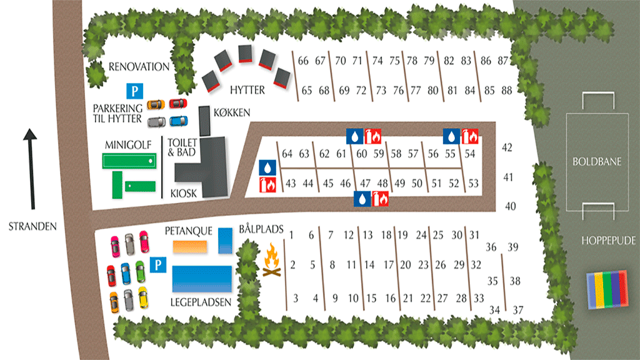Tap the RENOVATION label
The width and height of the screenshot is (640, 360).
[x=139, y=67]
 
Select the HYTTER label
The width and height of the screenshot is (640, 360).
[x=247, y=90]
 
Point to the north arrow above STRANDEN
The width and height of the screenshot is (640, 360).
[x=30, y=169]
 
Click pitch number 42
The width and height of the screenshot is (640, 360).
[x=507, y=148]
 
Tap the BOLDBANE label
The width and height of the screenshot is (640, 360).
[x=597, y=161]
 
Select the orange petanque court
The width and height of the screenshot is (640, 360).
[x=189, y=246]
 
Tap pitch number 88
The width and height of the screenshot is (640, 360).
[x=506, y=90]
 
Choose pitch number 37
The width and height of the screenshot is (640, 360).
[x=518, y=310]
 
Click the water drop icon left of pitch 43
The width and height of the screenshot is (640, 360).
[x=267, y=167]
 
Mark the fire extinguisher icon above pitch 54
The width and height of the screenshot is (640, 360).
[x=469, y=136]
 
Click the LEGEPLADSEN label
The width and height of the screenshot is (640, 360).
[x=201, y=302]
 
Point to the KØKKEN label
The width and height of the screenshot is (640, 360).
[x=232, y=112]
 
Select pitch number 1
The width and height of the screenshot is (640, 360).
[x=292, y=235]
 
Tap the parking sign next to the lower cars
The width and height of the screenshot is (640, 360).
[x=159, y=266]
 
